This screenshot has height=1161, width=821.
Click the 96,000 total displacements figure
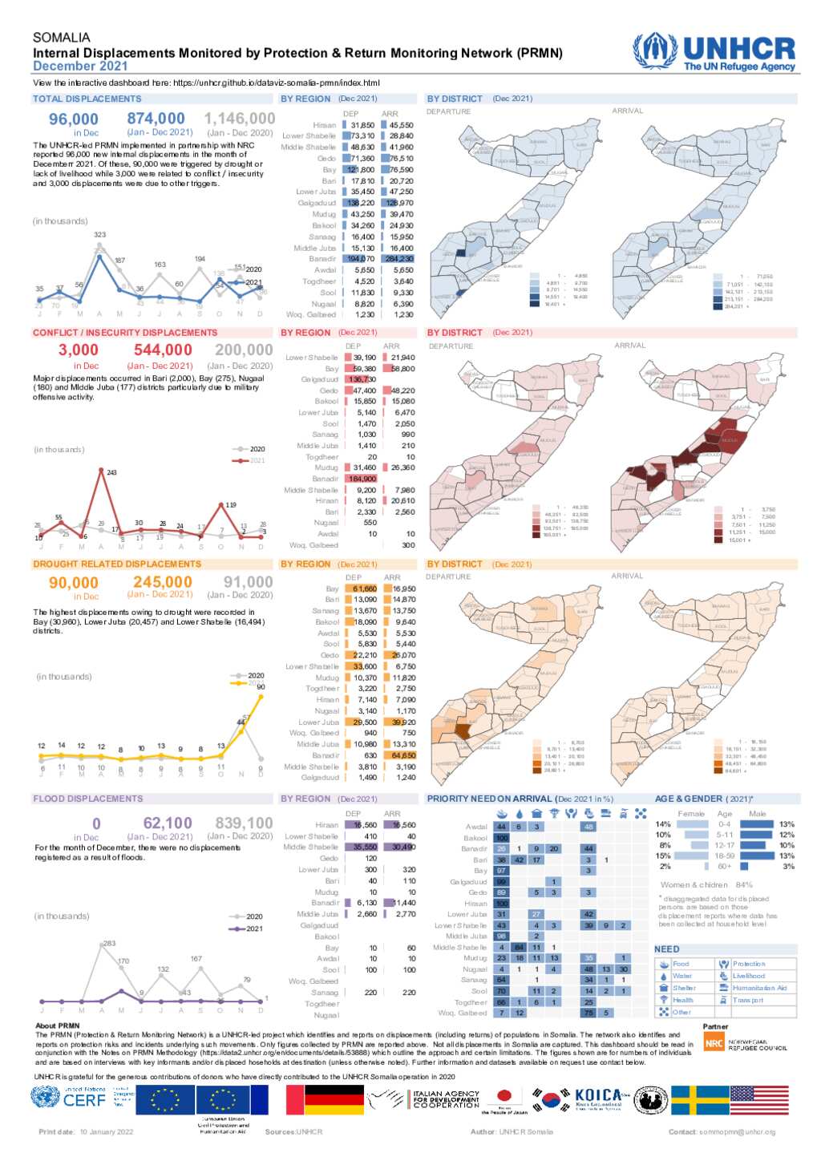74,119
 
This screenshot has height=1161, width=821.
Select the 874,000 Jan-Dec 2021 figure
156,119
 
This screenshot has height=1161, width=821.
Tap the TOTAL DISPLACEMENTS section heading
87,99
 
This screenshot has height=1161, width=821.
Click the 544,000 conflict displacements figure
163,350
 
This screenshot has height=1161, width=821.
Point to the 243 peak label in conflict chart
111,472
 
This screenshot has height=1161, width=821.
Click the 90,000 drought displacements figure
74,583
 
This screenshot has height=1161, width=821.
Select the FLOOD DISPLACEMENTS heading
88,799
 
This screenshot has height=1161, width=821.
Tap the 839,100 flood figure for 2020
244,823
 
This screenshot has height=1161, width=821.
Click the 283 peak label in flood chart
109,943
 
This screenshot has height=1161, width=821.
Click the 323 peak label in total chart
99,235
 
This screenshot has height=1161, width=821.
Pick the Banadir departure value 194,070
360,259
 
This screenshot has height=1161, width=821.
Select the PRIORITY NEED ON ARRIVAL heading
489,799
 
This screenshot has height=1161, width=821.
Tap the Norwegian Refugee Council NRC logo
714,1042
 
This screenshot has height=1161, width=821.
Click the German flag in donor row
334,1100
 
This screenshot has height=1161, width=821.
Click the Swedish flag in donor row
699,1100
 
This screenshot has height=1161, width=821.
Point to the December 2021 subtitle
80,67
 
